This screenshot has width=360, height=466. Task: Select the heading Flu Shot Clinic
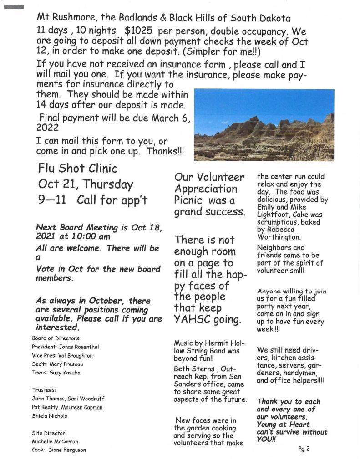point(78,169)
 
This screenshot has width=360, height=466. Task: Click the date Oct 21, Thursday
point(86,184)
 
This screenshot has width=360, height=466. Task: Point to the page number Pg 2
point(304,449)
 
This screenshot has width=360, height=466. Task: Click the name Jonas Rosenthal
point(81,347)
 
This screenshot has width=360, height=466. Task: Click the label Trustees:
point(44,390)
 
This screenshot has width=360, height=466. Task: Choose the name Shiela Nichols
point(50,416)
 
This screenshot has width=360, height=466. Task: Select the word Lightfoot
point(274,215)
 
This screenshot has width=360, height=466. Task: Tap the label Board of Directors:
point(56,338)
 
